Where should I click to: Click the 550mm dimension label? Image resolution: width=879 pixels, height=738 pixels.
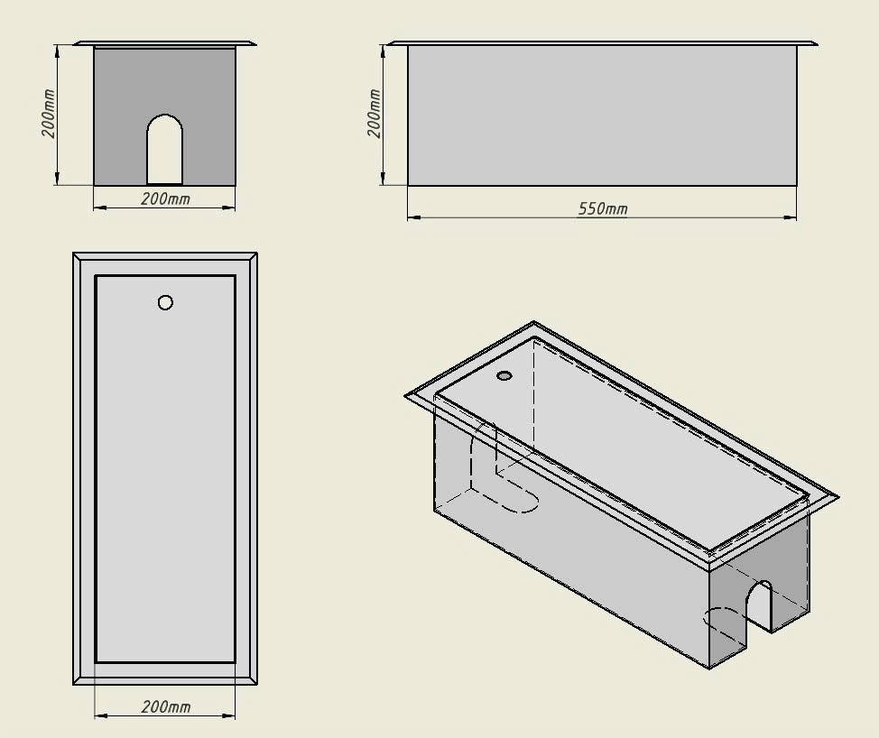coord(603,209)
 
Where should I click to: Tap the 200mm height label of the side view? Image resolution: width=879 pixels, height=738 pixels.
coord(375,113)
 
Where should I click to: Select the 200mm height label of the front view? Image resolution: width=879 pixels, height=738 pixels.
coord(48,113)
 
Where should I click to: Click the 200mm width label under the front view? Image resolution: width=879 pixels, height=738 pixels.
coord(165,198)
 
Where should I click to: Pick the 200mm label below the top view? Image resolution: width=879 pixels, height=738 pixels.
coord(165,706)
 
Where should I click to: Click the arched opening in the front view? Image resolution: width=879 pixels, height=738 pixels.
coord(165,150)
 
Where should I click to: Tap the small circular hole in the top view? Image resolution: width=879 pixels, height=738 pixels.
coord(165,302)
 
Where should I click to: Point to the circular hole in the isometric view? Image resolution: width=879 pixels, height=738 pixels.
coord(504,375)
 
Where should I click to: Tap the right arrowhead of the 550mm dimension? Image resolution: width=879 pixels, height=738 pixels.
coord(790,217)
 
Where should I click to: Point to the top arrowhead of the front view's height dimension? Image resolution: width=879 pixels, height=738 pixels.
coord(57,51)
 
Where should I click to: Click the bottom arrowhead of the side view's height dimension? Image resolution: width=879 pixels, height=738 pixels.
coord(384,178)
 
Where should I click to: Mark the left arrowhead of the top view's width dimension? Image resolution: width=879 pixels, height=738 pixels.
coord(101,715)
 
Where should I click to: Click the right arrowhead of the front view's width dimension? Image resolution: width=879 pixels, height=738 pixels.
coord(228,208)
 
